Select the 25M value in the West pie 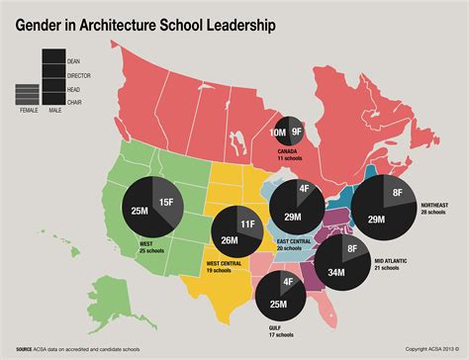138,210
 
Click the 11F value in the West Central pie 246,225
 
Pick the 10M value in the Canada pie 279,132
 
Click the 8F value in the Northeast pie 398,194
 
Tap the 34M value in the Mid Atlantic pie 336,271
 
